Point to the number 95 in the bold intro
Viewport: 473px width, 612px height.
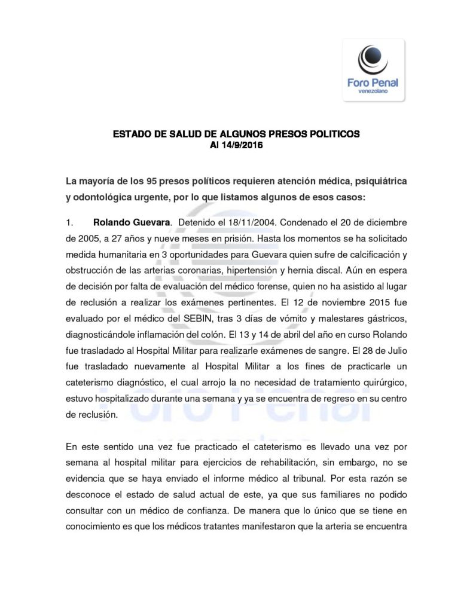pos(154,180)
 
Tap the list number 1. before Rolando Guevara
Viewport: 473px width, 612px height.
pos(69,223)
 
